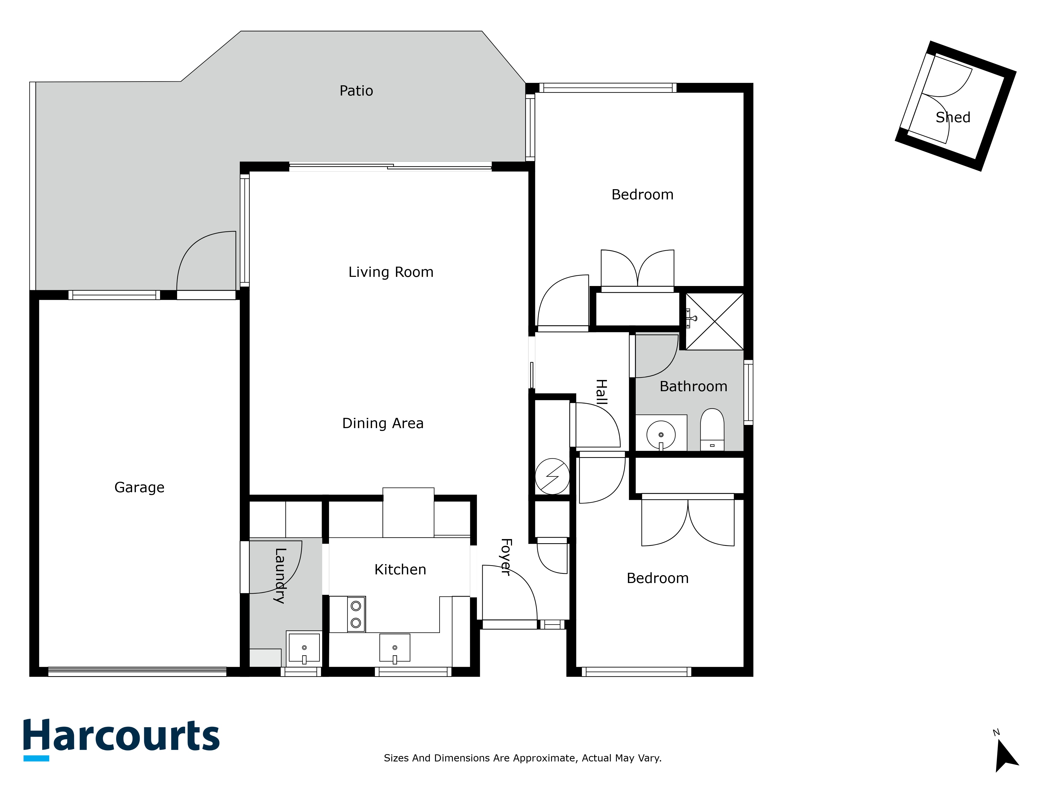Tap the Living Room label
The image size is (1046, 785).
[x=391, y=272]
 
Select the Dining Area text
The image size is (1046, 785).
[x=383, y=423]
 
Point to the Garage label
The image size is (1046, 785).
[x=139, y=487]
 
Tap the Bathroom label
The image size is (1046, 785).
[x=693, y=386]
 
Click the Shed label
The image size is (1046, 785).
[x=953, y=117]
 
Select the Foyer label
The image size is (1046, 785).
[x=505, y=557]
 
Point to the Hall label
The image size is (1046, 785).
[x=601, y=392]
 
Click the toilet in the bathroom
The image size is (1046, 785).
[x=712, y=429]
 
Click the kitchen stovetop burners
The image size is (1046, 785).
[x=356, y=614]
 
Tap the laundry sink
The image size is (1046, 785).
[x=304, y=648]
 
